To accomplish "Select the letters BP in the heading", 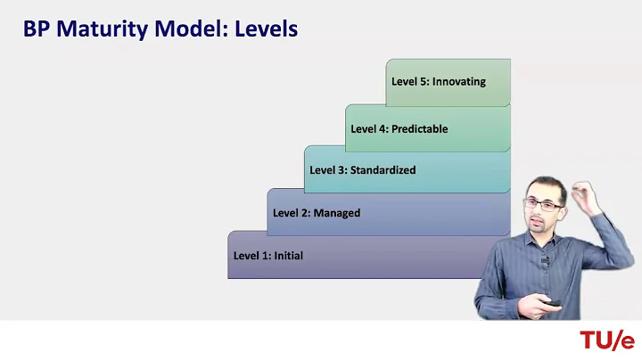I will click(36, 29).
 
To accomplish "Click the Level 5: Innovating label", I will click(438, 82).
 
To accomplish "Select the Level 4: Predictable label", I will click(399, 129).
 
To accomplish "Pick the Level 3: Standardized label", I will click(362, 170).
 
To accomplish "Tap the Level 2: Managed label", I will click(316, 213).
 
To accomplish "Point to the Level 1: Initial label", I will click(267, 256).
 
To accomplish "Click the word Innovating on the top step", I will click(458, 82).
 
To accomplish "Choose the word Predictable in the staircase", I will click(418, 129).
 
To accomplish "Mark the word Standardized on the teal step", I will click(383, 170).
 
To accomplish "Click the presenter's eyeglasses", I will click(543, 204).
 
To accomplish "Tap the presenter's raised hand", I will click(585, 194).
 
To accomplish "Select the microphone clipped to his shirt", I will click(544, 261).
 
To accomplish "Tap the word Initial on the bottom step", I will click(288, 256).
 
